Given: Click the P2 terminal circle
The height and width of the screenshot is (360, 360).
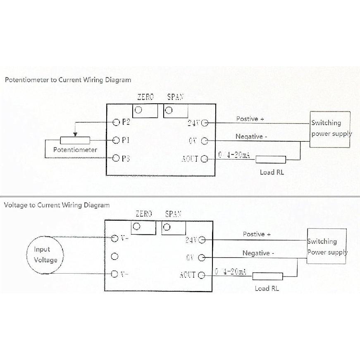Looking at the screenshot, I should [117, 122].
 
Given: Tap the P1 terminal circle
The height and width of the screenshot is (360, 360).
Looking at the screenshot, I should [117, 140].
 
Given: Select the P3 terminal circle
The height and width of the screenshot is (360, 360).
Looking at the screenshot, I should [117, 158].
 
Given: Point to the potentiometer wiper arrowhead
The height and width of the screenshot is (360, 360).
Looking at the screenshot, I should [75, 134].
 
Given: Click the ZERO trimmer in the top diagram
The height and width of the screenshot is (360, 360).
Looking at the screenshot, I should [139, 110].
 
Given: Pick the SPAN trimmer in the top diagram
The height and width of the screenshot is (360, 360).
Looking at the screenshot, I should [169, 110].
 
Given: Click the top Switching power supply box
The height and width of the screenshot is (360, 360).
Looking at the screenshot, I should [330, 129].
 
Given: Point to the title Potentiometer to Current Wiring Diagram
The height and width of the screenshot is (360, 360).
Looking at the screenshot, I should [68, 80].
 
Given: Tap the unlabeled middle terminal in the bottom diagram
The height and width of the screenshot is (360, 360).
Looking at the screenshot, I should [115, 256].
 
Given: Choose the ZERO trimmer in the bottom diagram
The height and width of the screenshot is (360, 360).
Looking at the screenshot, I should [137, 226].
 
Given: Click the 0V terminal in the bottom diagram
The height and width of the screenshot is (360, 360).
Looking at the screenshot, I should [202, 258].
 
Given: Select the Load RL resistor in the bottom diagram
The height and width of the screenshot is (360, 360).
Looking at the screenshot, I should [267, 276].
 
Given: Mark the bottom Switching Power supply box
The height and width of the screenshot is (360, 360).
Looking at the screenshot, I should [327, 246].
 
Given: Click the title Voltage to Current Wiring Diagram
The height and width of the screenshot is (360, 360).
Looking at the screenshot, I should [57, 205].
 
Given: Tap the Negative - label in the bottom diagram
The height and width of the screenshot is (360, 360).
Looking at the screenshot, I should [258, 253].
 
